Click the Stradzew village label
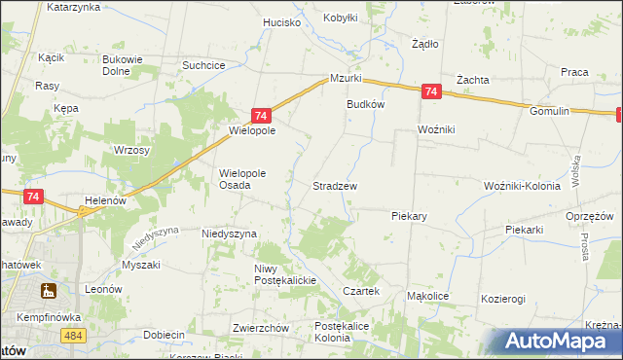coord(334,185)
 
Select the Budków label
coord(366,104)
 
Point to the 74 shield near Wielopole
coord(261,115)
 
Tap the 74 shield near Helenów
coord(34,197)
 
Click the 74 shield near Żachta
coord(432,92)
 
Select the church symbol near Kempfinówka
coord(47,291)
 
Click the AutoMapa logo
coord(561,342)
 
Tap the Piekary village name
coord(410,215)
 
